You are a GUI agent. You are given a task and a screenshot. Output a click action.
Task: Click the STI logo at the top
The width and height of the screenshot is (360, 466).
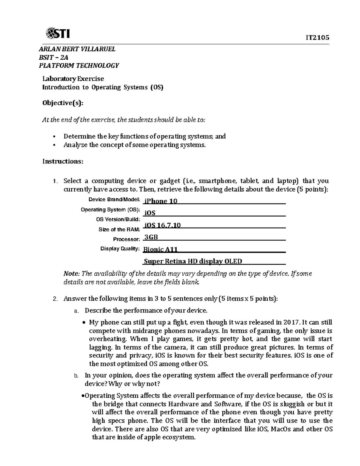click(x=57, y=33)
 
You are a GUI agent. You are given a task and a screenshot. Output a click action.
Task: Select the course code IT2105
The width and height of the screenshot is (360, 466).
click(x=317, y=38)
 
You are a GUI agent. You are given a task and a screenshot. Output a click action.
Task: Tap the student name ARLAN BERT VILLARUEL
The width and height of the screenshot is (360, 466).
click(x=77, y=49)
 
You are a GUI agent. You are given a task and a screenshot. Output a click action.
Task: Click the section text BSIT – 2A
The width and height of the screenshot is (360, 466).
click(x=53, y=57)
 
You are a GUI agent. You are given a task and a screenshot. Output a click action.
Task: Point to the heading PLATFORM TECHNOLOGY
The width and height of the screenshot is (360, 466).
click(x=79, y=65)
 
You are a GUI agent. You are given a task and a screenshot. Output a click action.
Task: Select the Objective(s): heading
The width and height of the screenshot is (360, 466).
click(x=63, y=103)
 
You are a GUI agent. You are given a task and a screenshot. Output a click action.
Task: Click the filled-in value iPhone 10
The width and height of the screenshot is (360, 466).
click(x=161, y=201)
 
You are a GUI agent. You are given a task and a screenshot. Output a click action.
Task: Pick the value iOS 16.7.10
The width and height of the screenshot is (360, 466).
click(x=162, y=225)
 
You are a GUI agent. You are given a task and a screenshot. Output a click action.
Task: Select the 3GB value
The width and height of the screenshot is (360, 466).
click(x=151, y=237)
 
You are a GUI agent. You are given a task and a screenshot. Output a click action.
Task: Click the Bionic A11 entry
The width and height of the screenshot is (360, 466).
click(x=160, y=249)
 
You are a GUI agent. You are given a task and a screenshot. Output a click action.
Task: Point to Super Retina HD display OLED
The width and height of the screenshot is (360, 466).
click(x=193, y=261)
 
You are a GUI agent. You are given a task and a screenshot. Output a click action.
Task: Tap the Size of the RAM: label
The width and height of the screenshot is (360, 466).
click(x=119, y=230)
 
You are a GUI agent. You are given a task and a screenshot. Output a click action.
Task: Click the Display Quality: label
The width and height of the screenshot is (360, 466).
click(x=120, y=249)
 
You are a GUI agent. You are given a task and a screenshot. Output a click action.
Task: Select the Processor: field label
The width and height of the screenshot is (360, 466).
click(x=126, y=239)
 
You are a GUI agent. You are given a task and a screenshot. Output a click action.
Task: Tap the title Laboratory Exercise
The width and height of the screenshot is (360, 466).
click(x=73, y=79)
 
